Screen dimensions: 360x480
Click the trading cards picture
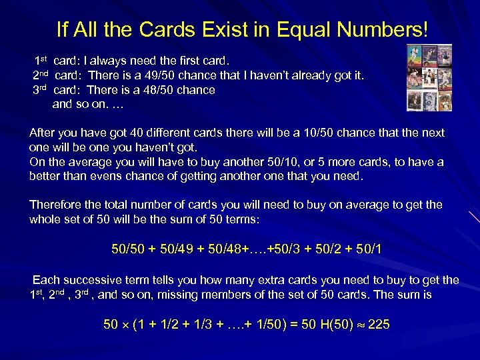click(429, 77)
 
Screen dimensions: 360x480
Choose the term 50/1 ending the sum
click(368, 249)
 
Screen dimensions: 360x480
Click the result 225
click(379, 325)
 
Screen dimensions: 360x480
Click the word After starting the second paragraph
click(44, 133)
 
